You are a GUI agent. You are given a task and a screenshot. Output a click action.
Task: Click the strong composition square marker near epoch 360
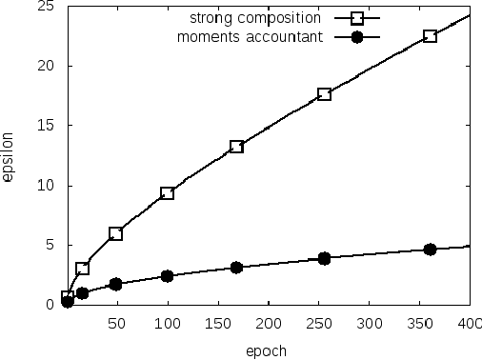(430, 35)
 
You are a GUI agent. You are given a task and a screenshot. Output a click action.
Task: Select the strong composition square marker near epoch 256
(324, 93)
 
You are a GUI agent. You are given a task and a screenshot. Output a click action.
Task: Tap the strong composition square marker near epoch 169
(236, 147)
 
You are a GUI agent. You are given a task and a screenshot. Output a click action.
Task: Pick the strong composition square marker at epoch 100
(167, 193)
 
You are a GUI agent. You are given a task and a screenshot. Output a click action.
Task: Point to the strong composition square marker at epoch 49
(115, 233)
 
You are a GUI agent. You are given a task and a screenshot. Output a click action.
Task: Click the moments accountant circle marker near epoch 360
(430, 249)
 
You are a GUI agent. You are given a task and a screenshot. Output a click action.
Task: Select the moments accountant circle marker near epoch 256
(324, 258)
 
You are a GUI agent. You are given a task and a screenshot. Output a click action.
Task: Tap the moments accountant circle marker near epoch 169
(236, 268)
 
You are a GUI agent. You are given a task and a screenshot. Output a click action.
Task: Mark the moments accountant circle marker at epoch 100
(167, 276)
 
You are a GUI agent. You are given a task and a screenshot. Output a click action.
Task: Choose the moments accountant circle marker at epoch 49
(115, 284)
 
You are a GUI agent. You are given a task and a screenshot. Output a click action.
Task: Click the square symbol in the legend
(357, 18)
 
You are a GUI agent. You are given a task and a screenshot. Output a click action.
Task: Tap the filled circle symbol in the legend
(357, 37)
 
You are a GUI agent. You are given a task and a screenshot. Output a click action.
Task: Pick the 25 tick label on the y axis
(44, 7)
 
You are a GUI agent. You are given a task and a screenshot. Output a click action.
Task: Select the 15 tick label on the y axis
(44, 126)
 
